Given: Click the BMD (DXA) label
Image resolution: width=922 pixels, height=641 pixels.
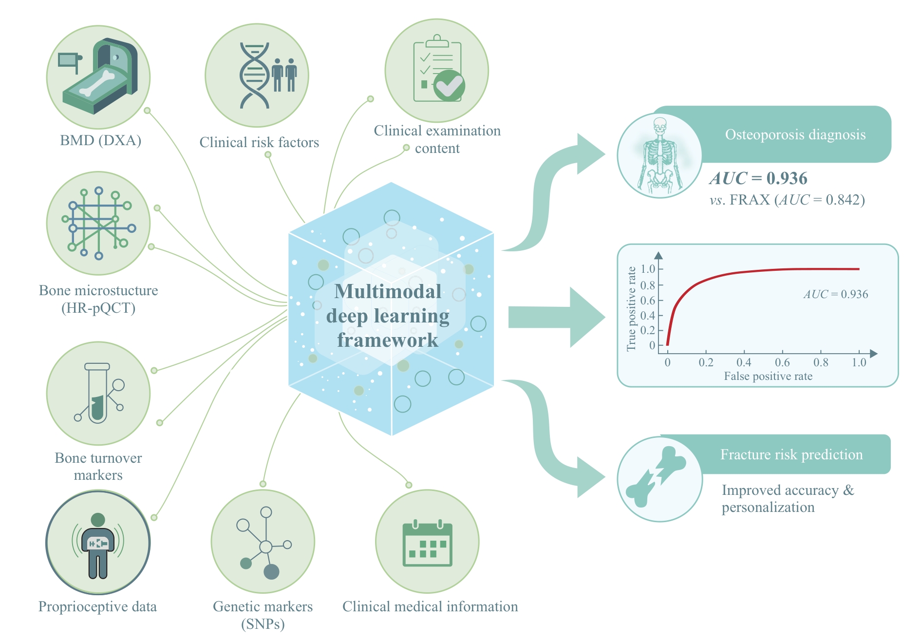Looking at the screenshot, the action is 100,141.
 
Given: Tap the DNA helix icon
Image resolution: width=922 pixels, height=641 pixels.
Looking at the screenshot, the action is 254,75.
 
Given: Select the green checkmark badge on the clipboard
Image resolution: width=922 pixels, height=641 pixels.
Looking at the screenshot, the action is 449,85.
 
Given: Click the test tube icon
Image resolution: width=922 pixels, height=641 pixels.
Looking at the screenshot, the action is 97,393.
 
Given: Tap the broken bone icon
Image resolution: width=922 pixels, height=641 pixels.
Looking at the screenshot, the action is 656,476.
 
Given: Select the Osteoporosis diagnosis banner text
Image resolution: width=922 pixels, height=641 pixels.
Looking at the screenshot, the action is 795,134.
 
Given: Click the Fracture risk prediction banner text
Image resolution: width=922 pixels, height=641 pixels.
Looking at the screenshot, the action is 791,454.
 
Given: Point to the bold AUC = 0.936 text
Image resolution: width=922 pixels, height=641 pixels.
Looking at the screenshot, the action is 758,178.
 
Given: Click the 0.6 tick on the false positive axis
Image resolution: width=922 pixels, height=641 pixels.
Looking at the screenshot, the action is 782,362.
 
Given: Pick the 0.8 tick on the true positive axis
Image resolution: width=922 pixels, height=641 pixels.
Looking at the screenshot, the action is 648,285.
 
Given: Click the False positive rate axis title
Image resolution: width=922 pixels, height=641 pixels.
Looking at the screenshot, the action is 768,376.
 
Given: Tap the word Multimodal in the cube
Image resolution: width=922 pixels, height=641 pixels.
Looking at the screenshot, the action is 388,291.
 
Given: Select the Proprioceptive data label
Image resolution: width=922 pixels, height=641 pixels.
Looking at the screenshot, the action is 97,606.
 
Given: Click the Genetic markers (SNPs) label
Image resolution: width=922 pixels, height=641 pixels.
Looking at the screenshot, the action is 263,615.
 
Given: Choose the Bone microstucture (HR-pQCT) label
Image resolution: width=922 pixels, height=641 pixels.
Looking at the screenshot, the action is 98,299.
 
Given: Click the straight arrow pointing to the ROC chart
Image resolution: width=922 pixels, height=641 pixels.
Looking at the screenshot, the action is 557,317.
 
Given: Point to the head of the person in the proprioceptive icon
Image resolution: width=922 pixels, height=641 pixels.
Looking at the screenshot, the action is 98,520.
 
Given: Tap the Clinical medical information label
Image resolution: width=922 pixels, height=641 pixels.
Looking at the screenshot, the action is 430,606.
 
